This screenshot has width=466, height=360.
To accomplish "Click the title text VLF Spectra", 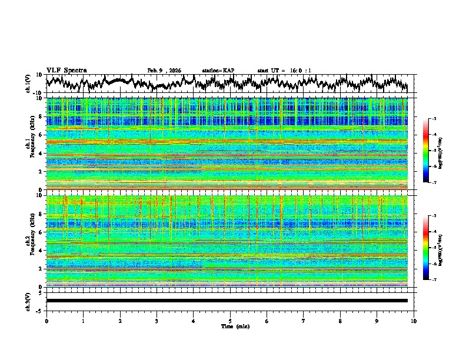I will pos(66,70).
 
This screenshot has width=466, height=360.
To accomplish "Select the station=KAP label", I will pos(218,71).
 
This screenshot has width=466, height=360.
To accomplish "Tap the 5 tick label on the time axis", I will pos(230,321).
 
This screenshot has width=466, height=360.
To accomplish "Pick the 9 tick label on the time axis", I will pos(377,321).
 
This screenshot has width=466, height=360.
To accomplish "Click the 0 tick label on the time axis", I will pos(46,321).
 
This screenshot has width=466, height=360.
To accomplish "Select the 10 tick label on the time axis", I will pos(414,321).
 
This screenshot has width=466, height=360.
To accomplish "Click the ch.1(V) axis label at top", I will pos(28,84).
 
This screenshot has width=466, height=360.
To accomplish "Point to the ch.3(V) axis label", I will pos(28,300).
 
